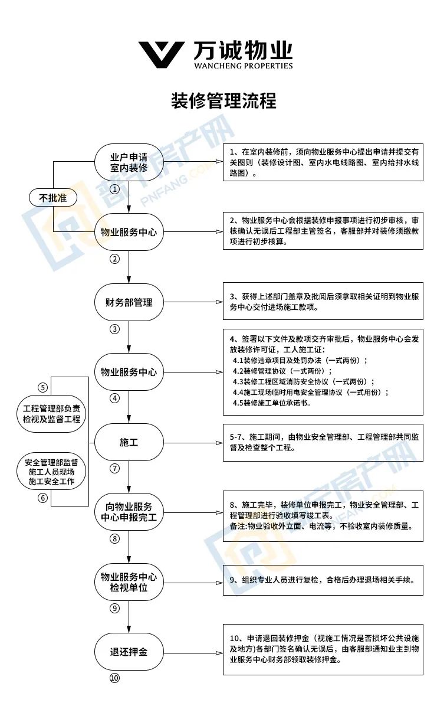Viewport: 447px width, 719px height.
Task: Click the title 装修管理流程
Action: click(x=224, y=100)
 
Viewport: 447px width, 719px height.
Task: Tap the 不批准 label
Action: click(x=53, y=198)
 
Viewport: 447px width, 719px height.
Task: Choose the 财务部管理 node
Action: click(x=129, y=302)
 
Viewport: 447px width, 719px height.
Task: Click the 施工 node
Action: click(x=129, y=442)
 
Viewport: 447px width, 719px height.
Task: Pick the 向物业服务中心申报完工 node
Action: click(x=129, y=512)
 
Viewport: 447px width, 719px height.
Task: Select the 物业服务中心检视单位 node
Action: click(x=129, y=582)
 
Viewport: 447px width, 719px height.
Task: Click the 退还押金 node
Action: click(x=129, y=652)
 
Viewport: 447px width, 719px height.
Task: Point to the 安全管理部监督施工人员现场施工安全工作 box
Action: click(x=52, y=472)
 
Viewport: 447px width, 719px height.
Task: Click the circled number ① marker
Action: click(x=114, y=189)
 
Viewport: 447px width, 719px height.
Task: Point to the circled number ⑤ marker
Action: click(x=42, y=387)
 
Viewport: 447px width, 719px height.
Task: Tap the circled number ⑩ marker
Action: click(x=114, y=678)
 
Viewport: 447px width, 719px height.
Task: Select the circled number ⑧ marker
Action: click(x=114, y=538)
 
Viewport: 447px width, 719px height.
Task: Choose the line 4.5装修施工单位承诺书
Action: click(x=272, y=404)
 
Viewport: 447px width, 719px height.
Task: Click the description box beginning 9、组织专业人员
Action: click(x=323, y=580)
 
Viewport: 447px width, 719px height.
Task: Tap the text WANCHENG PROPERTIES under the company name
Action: click(x=243, y=66)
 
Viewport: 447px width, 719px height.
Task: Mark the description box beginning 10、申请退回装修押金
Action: click(x=323, y=649)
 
